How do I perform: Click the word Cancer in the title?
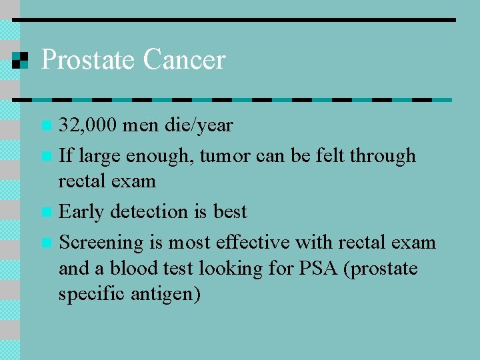pyautogui.click(x=184, y=60)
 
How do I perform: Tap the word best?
pyautogui.click(x=230, y=212)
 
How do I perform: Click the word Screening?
pyautogui.click(x=101, y=243)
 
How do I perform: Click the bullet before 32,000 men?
pyautogui.click(x=45, y=125)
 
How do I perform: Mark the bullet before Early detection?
pyautogui.click(x=45, y=213)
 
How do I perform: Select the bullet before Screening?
pyautogui.click(x=45, y=243)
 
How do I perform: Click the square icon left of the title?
pyautogui.click(x=21, y=60)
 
